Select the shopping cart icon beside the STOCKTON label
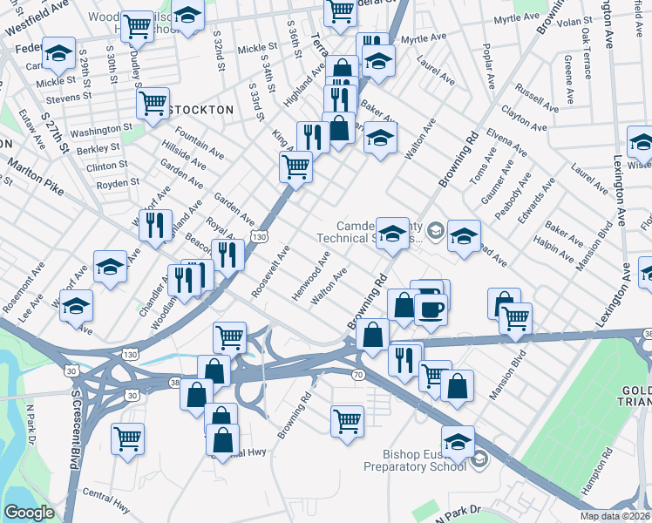153,103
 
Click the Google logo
29,513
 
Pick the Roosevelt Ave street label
270,271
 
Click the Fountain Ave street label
199,143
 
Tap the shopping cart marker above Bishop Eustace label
347,421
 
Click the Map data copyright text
615,515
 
